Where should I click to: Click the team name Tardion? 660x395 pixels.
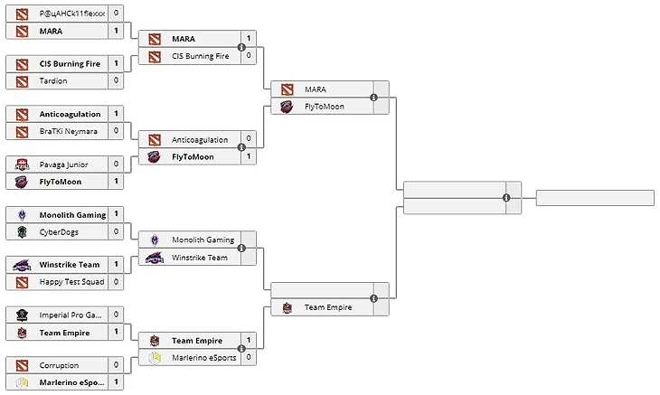click(53, 80)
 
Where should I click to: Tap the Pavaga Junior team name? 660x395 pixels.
click(63, 165)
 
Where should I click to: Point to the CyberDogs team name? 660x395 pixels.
click(60, 231)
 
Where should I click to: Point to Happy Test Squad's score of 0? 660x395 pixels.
click(116, 282)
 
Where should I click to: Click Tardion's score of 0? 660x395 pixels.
click(116, 80)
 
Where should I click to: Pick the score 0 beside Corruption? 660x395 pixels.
click(116, 365)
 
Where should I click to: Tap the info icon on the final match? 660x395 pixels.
click(506, 198)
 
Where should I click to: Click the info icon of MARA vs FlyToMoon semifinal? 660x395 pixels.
click(373, 98)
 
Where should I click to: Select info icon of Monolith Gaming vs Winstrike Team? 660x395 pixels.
click(241, 249)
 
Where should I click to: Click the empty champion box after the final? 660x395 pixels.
click(594, 198)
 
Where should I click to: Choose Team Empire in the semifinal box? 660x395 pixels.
click(327, 307)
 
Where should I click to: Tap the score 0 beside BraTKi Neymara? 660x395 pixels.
click(116, 131)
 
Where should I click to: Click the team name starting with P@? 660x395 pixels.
click(72, 14)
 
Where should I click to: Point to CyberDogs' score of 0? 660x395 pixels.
click(116, 231)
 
